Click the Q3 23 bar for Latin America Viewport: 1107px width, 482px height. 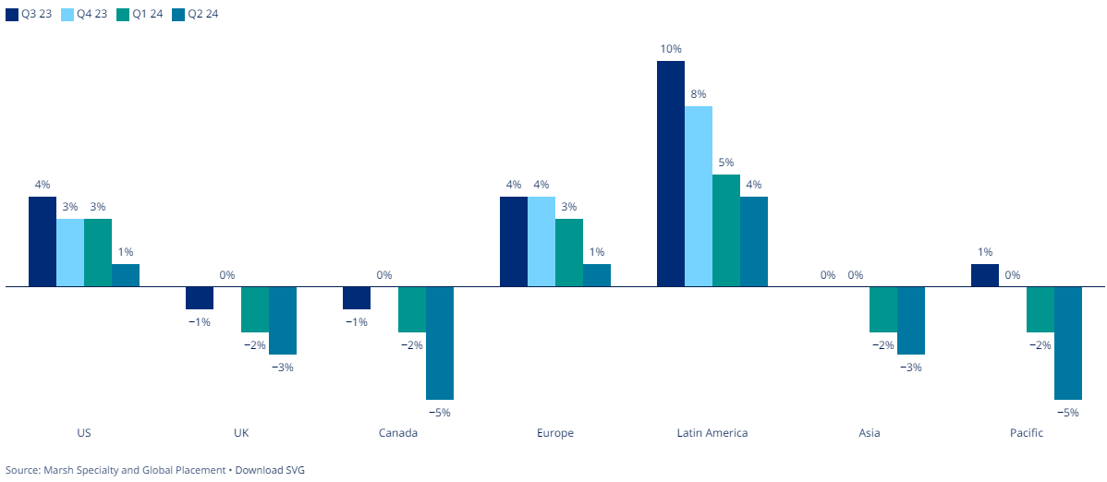click(671, 174)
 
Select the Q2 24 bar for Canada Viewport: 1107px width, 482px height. click(440, 343)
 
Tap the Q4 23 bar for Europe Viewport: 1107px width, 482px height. click(541, 241)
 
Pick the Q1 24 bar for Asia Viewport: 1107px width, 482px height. click(883, 309)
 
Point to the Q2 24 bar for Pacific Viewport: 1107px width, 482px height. click(1068, 343)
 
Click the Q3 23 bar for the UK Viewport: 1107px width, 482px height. click(200, 298)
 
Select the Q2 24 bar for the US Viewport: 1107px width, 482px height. click(126, 275)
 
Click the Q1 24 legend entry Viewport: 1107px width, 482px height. click(140, 14)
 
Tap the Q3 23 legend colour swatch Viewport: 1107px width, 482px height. click(11, 14)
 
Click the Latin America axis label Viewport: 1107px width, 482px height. click(712, 433)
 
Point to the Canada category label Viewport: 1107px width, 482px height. click(398, 433)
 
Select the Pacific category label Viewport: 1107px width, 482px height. click(1027, 433)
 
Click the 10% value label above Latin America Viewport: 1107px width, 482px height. click(671, 48)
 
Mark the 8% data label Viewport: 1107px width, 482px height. click(699, 93)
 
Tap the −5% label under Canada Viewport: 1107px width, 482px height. click(440, 413)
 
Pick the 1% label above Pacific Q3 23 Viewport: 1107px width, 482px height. click(985, 251)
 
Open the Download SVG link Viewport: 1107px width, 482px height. click(270, 470)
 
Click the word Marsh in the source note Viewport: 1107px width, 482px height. click(59, 470)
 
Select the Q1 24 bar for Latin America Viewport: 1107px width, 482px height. click(726, 230)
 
